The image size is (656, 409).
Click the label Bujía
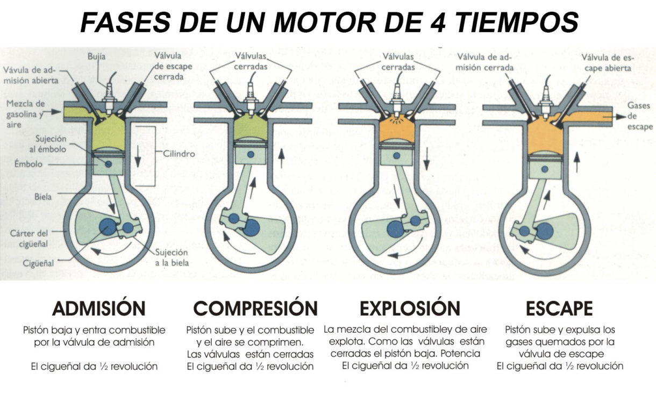coord(97,56)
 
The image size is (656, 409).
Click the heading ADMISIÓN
coord(98,308)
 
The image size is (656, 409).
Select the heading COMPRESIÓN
coord(255,308)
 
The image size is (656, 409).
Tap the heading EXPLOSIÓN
coord(410,308)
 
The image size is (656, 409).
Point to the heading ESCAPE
coord(559,308)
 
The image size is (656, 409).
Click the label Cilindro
coord(179,153)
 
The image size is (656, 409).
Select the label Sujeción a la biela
coord(171,257)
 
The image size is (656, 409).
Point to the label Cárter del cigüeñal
coord(28,238)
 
